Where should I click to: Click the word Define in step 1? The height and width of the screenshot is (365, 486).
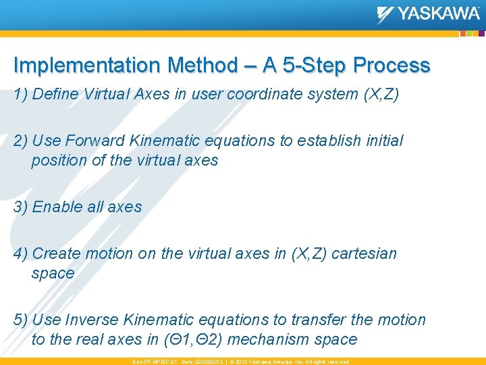tap(55, 95)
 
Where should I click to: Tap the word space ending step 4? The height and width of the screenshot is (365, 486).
tap(53, 274)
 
